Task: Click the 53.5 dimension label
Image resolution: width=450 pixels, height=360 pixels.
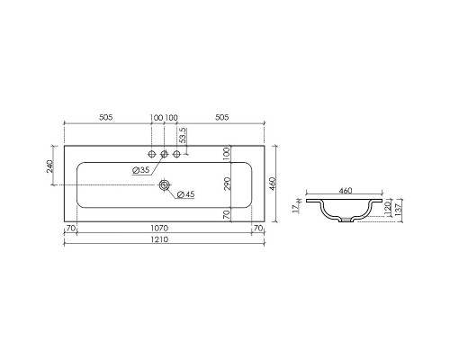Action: click(x=183, y=136)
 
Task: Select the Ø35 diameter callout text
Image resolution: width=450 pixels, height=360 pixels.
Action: click(x=140, y=170)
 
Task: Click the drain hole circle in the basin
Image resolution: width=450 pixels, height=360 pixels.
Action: click(x=164, y=184)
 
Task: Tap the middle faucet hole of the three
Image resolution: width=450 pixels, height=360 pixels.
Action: click(x=164, y=153)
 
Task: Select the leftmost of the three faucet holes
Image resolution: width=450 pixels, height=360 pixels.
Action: click(x=151, y=153)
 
